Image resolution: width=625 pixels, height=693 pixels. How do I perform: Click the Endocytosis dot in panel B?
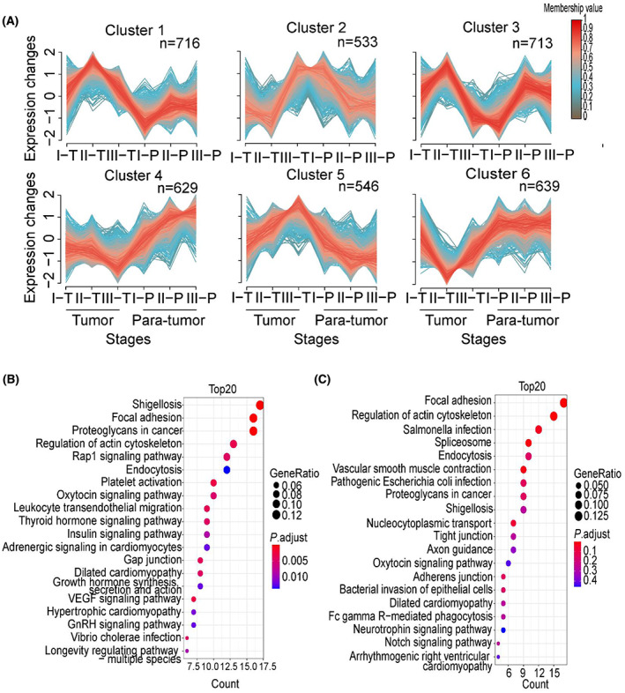point(227,470)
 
